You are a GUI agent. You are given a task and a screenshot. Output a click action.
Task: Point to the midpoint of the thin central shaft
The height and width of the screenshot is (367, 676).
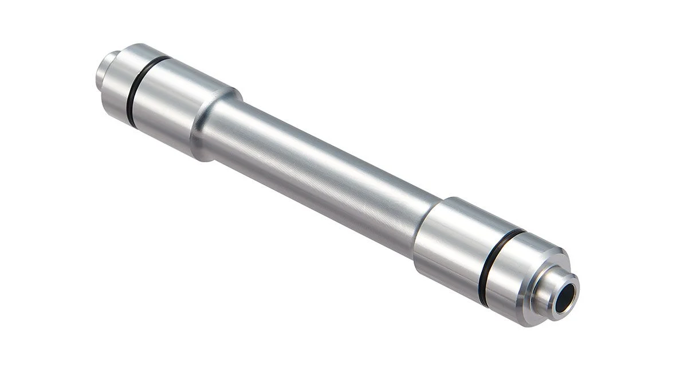point(321,172)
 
